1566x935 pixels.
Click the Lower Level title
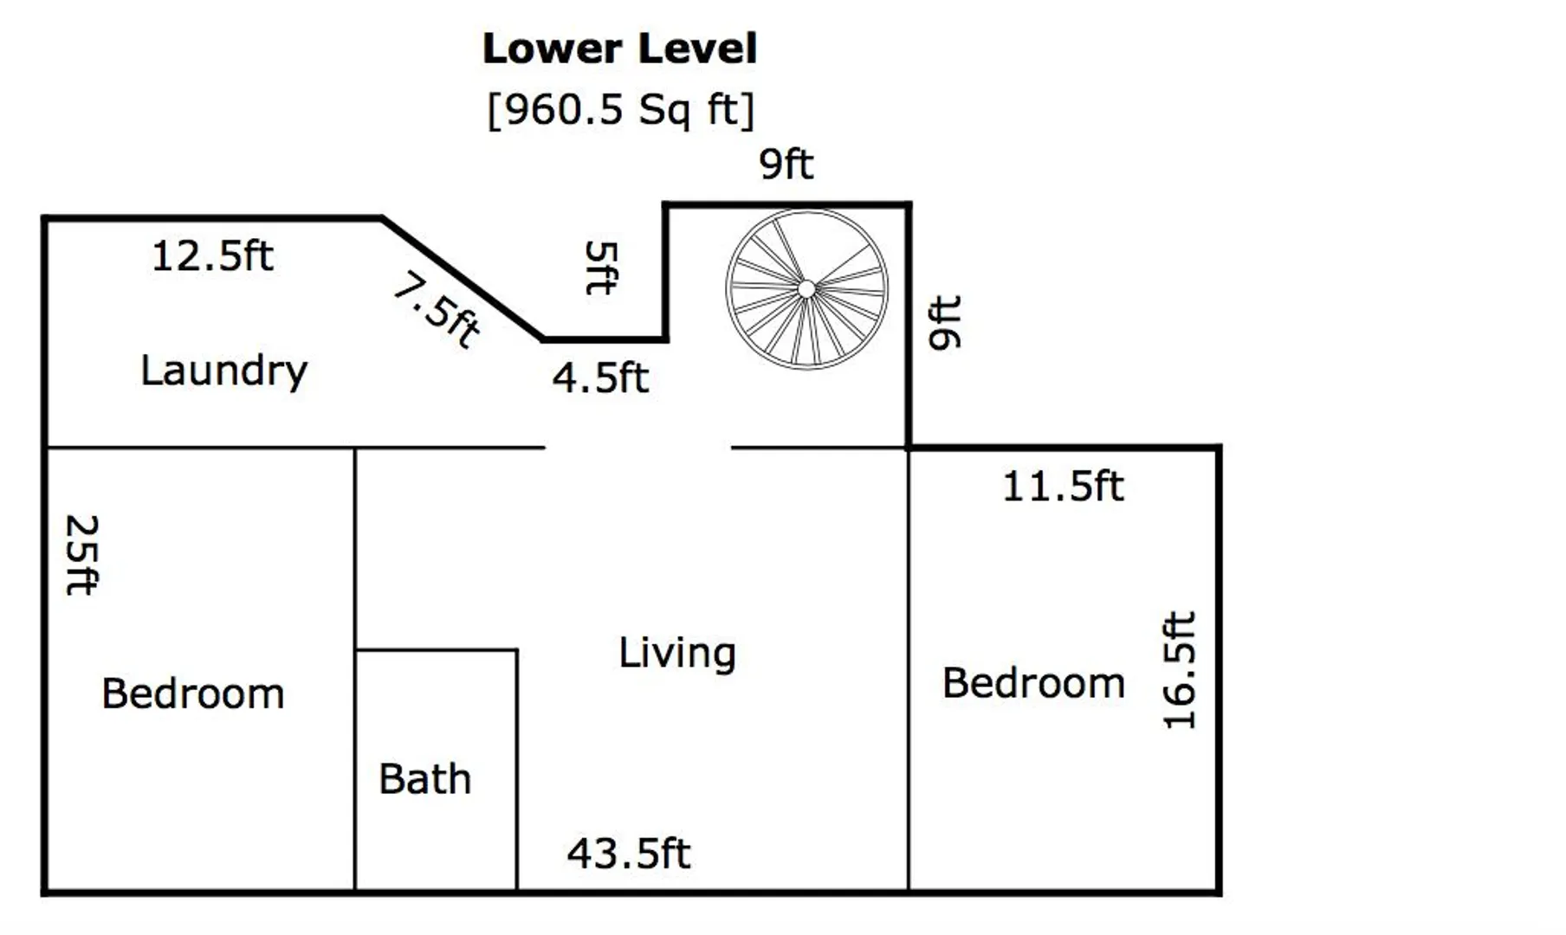pyautogui.click(x=619, y=48)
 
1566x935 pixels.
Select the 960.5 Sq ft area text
pyautogui.click(x=621, y=110)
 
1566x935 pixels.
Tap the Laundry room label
pyautogui.click(x=223, y=371)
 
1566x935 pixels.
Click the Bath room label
pyautogui.click(x=424, y=779)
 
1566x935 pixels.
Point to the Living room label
pyautogui.click(x=677, y=654)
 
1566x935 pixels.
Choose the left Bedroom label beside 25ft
pyautogui.click(x=193, y=694)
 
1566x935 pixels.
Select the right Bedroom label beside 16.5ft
pyautogui.click(x=1033, y=683)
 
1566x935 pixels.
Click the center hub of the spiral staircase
pyautogui.click(x=806, y=289)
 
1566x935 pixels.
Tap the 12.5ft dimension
pyautogui.click(x=212, y=256)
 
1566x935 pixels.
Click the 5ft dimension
pyautogui.click(x=601, y=268)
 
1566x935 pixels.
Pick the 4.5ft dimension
pyautogui.click(x=600, y=378)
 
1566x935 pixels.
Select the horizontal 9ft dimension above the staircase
pyautogui.click(x=786, y=164)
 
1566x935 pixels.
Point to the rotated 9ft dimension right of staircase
pyautogui.click(x=944, y=322)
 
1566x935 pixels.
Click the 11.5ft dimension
pyautogui.click(x=1063, y=487)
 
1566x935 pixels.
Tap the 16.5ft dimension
pyautogui.click(x=1179, y=670)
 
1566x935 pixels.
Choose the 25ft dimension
pyautogui.click(x=82, y=555)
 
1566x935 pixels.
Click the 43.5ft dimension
pyautogui.click(x=629, y=854)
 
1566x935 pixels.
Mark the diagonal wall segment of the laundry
pyautogui.click(x=463, y=279)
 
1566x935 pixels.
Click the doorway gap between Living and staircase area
pyautogui.click(x=638, y=448)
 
